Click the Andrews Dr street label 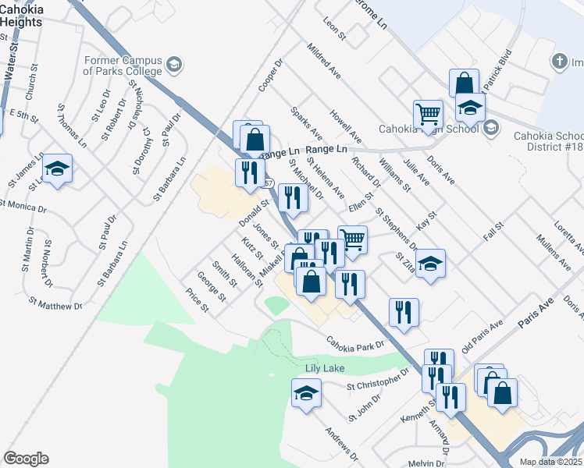(342, 442)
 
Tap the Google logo (26, 459)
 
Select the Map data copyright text (551, 462)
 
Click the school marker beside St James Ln (57, 169)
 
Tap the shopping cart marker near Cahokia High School (428, 114)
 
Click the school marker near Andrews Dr (306, 393)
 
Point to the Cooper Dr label (271, 76)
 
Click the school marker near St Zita (430, 264)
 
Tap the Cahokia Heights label (21, 16)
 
